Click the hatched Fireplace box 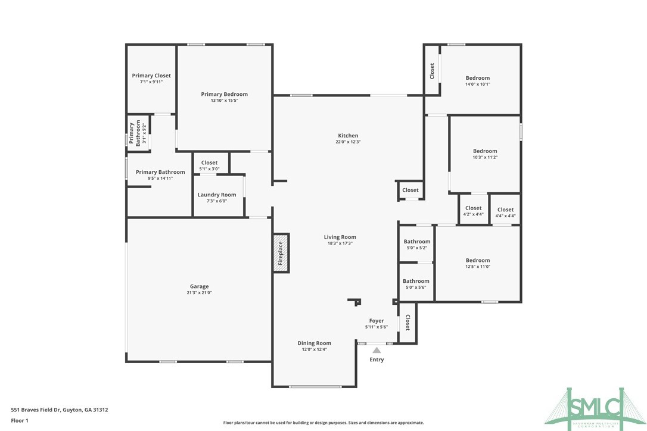click(281, 253)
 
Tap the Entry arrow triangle click(377, 351)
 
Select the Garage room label click(199, 286)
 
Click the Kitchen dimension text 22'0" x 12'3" click(348, 142)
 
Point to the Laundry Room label click(217, 195)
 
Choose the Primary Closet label click(151, 76)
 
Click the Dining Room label click(314, 343)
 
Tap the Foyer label click(377, 321)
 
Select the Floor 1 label click(20, 420)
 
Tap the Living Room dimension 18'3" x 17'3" click(340, 243)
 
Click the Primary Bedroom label click(224, 94)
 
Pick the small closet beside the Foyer click(408, 323)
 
